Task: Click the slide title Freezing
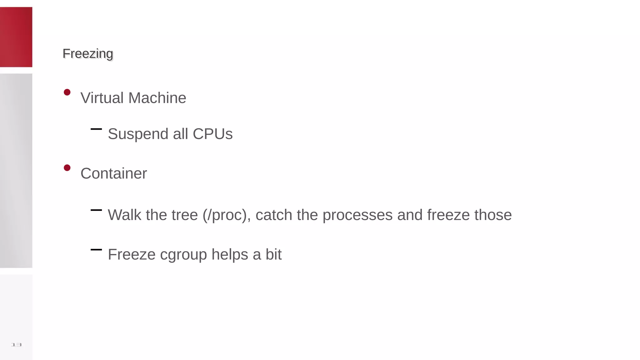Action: coord(88,54)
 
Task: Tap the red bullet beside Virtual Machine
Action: coord(67,92)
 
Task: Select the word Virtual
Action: coord(102,98)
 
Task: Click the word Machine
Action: coord(157,98)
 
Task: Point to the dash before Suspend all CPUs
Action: coord(96,129)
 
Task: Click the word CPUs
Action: coord(212,134)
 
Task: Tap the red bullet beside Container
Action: coord(67,168)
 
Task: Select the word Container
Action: coord(114,173)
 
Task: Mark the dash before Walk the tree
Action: coord(96,210)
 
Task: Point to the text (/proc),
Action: coord(227,215)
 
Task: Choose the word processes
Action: coord(357,215)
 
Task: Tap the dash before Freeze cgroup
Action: coord(96,249)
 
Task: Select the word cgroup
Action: coord(183,255)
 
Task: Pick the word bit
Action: coord(273,254)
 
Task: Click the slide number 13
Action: coord(16,345)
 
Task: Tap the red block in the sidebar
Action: coord(16,37)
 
